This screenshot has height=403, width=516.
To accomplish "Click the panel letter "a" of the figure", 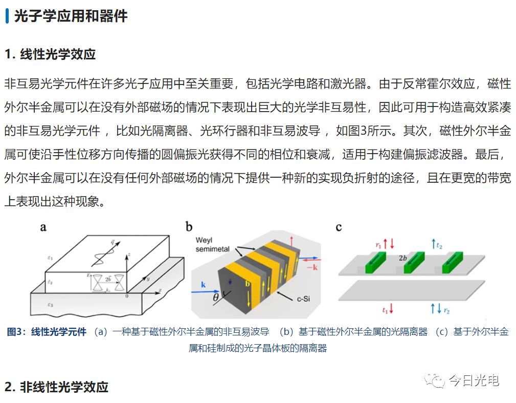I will pyautogui.click(x=43, y=227).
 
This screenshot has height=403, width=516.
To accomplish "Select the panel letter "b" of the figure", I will pyautogui.click(x=189, y=227).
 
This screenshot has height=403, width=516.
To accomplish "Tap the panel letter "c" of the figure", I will pyautogui.click(x=339, y=227).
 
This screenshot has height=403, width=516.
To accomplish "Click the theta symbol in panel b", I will pyautogui.click(x=216, y=297).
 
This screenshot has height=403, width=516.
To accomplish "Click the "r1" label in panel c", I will pyautogui.click(x=379, y=245).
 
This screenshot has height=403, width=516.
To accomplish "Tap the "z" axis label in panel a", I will pyautogui.click(x=131, y=254).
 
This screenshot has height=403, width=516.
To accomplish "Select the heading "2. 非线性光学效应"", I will pyautogui.click(x=56, y=387).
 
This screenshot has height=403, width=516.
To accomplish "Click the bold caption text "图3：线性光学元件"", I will pyautogui.click(x=47, y=331).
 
